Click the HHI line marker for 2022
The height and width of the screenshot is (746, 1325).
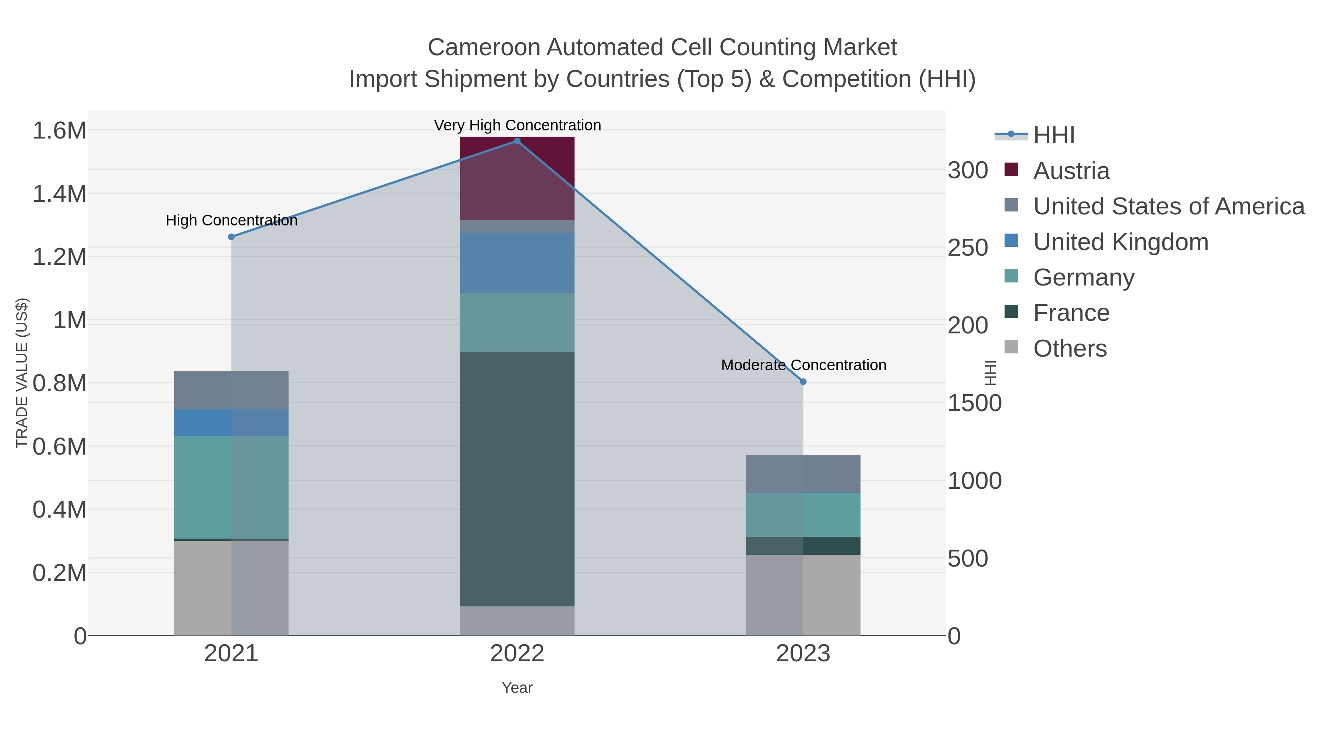517,141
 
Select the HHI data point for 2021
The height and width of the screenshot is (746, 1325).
232,237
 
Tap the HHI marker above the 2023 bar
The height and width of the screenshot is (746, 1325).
803,382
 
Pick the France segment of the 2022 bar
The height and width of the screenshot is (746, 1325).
517,479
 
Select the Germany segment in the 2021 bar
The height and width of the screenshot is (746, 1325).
232,487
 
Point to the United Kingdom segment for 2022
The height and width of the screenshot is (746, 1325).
517,263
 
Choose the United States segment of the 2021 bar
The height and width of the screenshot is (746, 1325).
232,390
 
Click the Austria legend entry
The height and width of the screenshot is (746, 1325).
1071,171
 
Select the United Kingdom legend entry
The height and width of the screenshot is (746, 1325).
1120,242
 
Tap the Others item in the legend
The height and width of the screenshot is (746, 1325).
1070,349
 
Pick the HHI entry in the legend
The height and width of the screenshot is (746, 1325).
1053,136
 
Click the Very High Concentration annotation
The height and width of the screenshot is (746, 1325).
517,125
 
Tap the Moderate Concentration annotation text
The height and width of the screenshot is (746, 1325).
803,365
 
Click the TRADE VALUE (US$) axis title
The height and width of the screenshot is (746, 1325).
22,373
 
